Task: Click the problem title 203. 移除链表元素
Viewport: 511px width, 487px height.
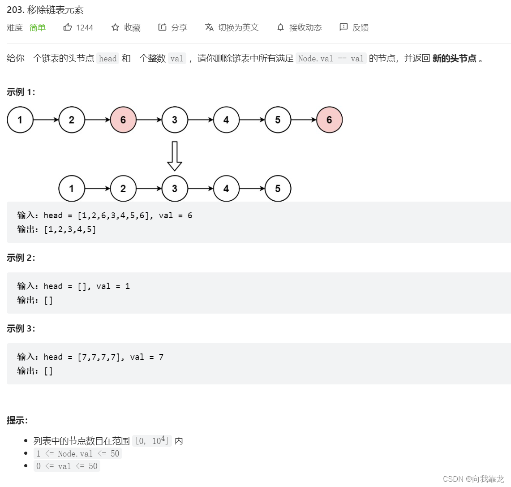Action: point(45,10)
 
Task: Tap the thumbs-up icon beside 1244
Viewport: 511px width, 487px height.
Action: point(68,27)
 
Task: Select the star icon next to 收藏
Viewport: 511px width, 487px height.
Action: point(115,27)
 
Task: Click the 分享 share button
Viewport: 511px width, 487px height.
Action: point(173,27)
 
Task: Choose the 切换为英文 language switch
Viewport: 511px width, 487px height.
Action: point(232,27)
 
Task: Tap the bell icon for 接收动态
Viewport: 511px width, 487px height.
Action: point(281,27)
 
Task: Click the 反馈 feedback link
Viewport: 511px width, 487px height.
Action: point(354,27)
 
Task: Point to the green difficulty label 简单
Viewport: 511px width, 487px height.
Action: point(38,27)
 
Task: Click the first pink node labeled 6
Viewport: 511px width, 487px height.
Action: point(123,120)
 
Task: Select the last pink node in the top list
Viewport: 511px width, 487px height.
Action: point(329,120)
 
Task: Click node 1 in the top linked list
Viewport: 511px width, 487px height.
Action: point(20,120)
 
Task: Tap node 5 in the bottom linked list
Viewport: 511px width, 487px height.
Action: point(278,189)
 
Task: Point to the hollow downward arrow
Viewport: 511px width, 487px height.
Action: point(174,156)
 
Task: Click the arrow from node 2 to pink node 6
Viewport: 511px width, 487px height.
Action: point(98,120)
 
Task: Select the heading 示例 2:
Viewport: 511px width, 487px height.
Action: point(21,258)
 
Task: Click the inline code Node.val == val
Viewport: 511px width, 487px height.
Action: point(331,59)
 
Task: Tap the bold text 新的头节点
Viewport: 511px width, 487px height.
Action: point(454,59)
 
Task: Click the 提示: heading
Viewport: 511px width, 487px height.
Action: point(17,420)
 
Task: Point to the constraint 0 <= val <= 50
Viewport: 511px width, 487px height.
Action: point(67,466)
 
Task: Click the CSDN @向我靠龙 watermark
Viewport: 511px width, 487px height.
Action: point(473,479)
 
